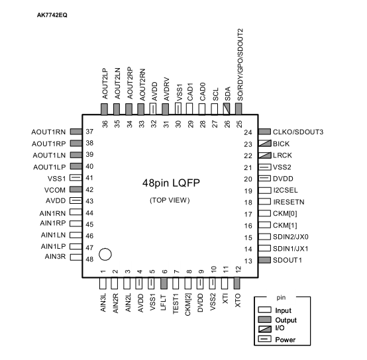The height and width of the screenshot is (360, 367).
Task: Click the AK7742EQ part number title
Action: coord(52,15)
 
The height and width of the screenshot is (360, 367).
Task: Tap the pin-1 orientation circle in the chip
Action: coord(105,254)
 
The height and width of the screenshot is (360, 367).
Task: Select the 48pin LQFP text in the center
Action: coord(171,183)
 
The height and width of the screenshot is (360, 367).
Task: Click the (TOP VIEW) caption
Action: coord(170,201)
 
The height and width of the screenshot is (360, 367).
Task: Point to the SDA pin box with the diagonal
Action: coord(227,109)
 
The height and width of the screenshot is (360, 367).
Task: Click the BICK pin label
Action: coord(281,144)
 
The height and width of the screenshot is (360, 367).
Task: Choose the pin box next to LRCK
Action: coord(265,156)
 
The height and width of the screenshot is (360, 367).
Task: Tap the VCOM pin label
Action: coord(55,190)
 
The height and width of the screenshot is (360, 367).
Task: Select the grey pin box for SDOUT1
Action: coord(265,260)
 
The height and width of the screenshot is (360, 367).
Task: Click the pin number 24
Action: coord(248,132)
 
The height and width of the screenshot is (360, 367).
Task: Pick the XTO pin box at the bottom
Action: coord(237,283)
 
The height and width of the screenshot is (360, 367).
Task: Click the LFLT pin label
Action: coord(164,302)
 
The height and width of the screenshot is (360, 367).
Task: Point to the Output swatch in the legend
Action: coord(265,320)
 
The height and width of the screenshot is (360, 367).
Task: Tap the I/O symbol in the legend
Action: coord(265,329)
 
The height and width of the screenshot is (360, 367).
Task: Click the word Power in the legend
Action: coord(286,339)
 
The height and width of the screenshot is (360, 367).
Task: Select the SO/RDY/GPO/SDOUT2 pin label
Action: coord(240,65)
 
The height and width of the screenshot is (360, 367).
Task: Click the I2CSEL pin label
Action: coord(286,190)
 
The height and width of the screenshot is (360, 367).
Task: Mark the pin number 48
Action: coord(89,259)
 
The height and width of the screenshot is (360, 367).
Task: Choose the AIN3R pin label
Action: coord(55,257)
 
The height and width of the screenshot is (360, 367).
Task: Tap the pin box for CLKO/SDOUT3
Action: coord(265,132)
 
